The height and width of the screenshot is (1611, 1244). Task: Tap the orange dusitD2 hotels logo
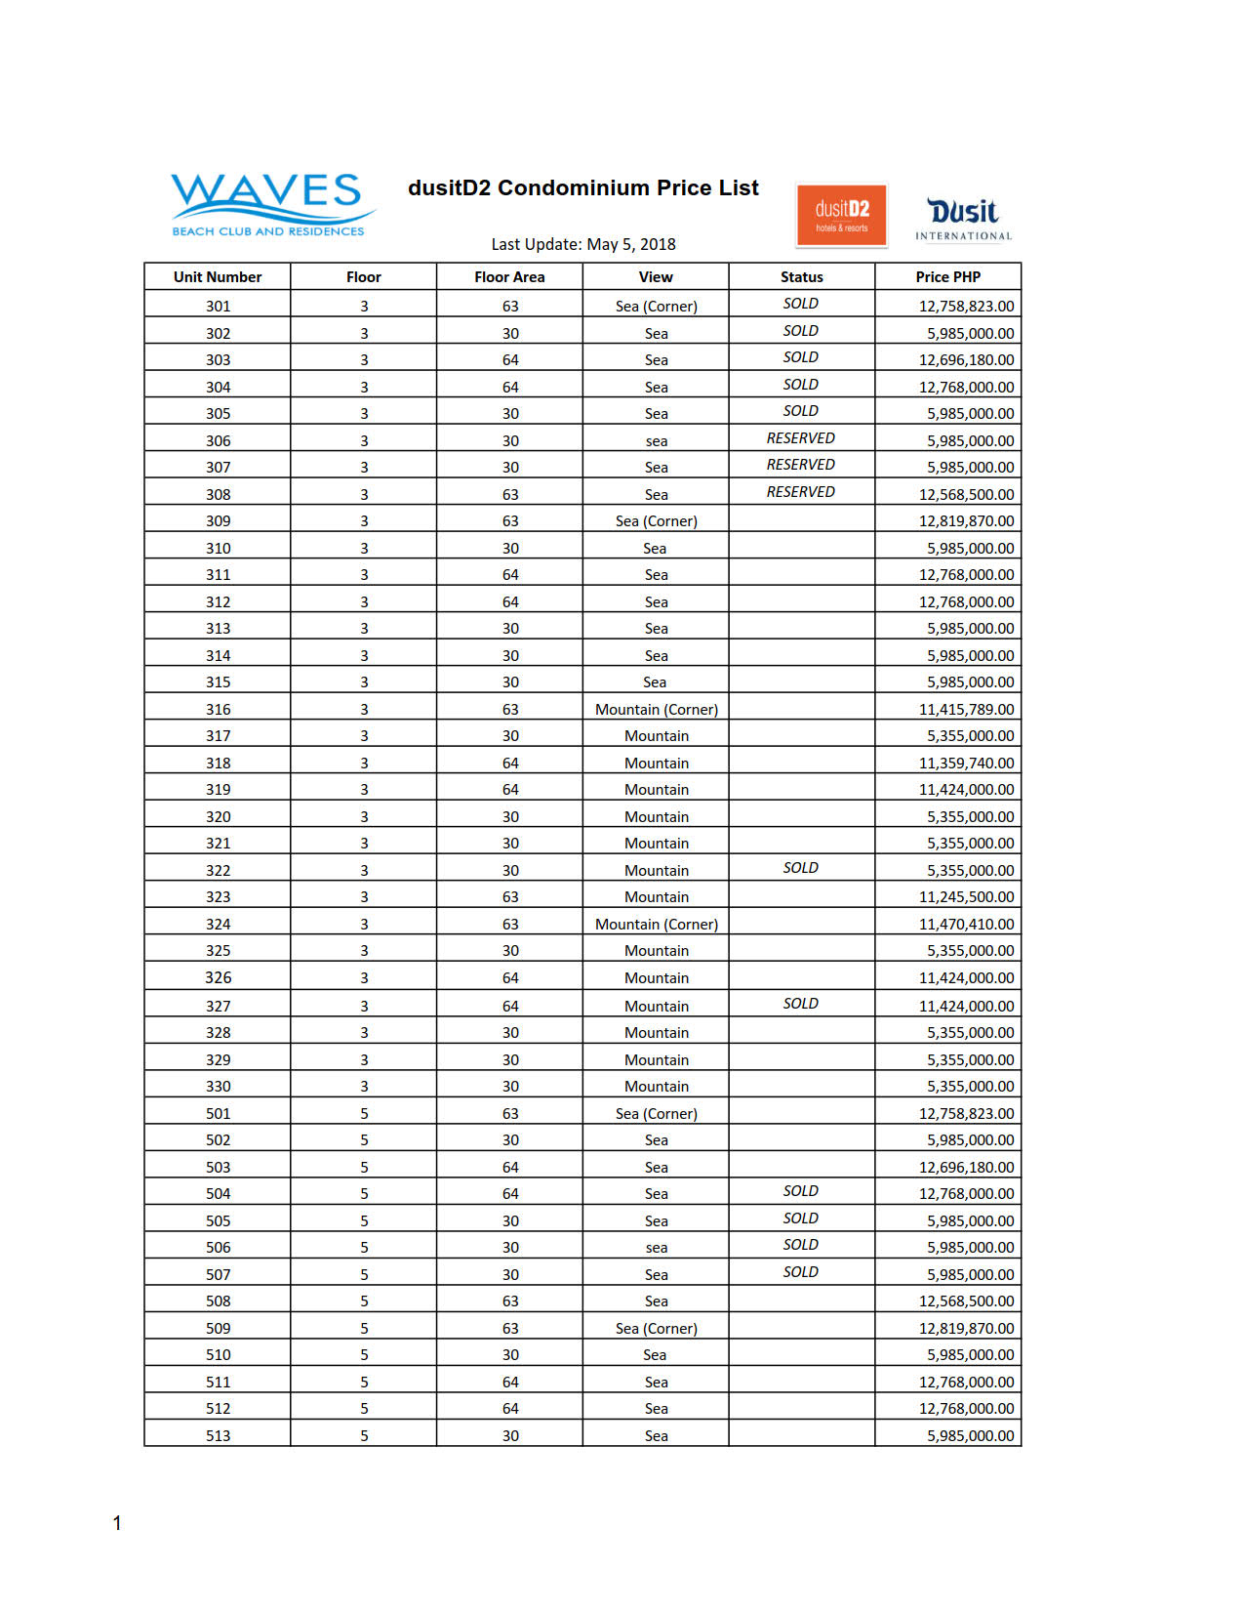[841, 215]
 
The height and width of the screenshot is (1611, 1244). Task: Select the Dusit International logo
[963, 219]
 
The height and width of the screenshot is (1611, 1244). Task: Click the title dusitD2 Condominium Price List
[582, 188]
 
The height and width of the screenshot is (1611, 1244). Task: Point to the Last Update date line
[582, 244]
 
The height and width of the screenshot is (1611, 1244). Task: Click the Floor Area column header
[509, 277]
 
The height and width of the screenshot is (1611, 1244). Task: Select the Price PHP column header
[947, 277]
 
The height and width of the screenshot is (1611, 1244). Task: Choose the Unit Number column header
[218, 277]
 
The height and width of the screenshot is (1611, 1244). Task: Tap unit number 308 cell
[218, 495]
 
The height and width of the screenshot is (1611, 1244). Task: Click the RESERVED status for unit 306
[800, 438]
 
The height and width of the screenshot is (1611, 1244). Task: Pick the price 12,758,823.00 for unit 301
[966, 307]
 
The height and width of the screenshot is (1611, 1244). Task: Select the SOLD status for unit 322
[800, 868]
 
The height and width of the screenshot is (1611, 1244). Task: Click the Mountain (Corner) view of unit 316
[657, 710]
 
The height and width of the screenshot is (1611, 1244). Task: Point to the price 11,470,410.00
[966, 925]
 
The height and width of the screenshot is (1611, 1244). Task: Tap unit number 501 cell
[218, 1114]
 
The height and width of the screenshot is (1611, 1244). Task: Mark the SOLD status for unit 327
[800, 1004]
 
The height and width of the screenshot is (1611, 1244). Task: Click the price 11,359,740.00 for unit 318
[966, 764]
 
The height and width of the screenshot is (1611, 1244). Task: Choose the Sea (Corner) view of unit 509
[657, 1329]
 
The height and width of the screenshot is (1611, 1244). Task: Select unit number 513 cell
[218, 1436]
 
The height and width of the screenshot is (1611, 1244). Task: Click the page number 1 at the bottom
[117, 1523]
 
